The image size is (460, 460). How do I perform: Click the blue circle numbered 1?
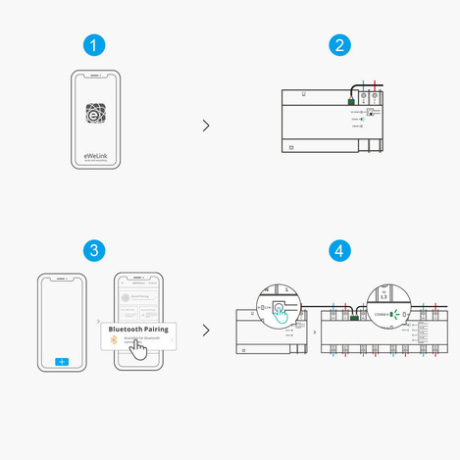click(x=92, y=45)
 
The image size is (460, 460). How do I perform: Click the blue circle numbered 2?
click(x=339, y=45)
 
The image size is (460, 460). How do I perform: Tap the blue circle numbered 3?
click(x=92, y=250)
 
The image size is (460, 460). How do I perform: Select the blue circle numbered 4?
click(x=339, y=250)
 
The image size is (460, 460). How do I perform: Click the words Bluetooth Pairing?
click(x=138, y=330)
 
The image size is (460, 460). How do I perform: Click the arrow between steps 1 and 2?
click(x=205, y=125)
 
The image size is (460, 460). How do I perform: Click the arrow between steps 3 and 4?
click(x=205, y=330)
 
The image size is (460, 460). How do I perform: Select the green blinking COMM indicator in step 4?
click(x=391, y=315)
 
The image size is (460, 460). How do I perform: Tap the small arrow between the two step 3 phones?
click(x=98, y=321)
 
